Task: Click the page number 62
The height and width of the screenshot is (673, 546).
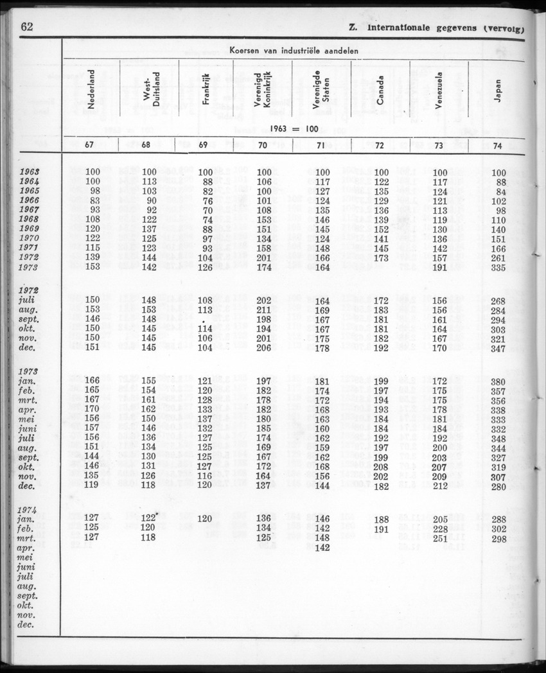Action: [27, 26]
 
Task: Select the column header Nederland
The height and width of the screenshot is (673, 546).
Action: [92, 90]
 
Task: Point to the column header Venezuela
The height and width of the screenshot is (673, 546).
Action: [439, 90]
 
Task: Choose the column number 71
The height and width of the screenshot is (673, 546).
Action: [321, 145]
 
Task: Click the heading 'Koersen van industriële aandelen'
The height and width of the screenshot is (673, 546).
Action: [294, 51]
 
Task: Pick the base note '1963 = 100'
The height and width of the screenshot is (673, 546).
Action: [294, 128]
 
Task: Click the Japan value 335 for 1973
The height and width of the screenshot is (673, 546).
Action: [498, 267]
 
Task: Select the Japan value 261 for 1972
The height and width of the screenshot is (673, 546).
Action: [498, 258]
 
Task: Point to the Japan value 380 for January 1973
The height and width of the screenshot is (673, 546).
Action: [498, 381]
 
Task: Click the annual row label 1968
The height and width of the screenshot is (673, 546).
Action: [30, 220]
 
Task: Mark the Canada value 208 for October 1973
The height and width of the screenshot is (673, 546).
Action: [381, 467]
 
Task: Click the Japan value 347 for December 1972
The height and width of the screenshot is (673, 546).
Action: [498, 348]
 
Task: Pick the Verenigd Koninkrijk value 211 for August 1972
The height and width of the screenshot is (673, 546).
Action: [263, 310]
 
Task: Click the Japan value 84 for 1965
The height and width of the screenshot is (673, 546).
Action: [501, 191]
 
